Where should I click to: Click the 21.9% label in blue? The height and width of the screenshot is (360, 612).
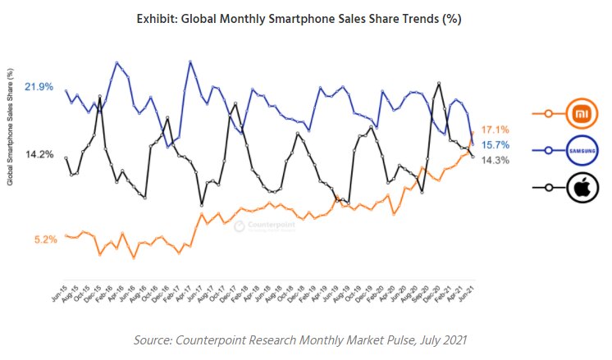[39, 86]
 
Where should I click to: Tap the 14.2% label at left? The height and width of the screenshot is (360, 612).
[39, 154]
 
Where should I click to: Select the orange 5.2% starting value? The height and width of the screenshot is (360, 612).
[45, 239]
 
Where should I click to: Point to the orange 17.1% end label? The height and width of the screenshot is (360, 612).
[496, 130]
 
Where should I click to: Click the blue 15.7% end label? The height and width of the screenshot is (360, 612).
[496, 145]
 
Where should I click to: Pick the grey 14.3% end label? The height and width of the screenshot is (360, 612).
[496, 160]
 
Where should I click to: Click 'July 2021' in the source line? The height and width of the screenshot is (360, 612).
[440, 339]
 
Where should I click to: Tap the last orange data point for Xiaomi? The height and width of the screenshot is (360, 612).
[473, 132]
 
